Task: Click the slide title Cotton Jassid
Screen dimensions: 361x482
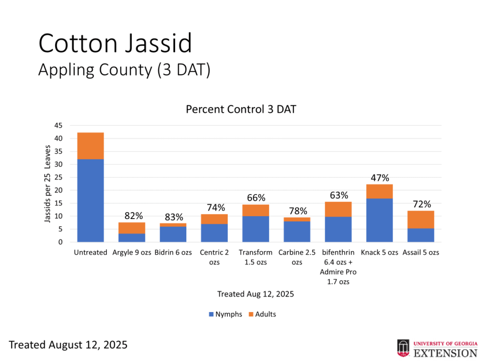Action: [115, 44]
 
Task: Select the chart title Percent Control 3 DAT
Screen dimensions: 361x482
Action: [241, 109]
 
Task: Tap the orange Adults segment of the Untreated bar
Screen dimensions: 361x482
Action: [90, 146]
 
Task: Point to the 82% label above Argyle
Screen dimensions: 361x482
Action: [134, 216]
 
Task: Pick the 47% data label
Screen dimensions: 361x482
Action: [379, 178]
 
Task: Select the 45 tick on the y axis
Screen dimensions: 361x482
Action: [58, 126]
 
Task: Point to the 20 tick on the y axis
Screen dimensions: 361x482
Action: [58, 190]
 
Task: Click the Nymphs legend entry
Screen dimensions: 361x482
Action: [225, 314]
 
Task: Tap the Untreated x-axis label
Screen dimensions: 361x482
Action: [90, 252]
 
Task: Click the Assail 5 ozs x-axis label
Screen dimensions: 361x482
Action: [421, 252]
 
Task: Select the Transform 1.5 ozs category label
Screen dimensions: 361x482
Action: [256, 257]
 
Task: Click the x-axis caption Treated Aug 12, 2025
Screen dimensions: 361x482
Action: [256, 294]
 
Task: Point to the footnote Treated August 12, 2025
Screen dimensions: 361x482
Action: [68, 345]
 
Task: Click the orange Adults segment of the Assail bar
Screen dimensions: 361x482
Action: [421, 220]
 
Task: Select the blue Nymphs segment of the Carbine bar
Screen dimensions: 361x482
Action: [297, 231]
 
